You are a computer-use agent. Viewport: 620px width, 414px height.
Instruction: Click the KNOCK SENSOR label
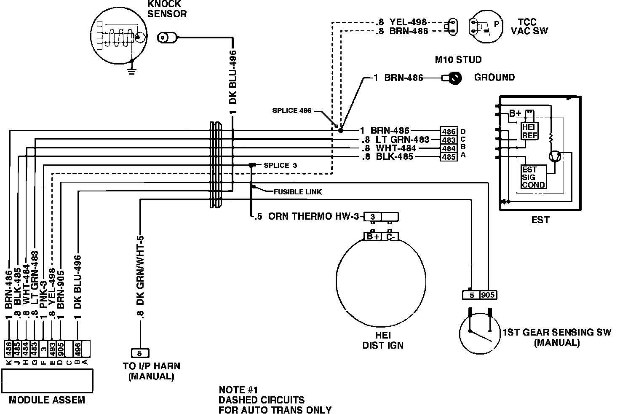pos(167,9)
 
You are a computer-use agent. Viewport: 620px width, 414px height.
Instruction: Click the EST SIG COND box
pos(533,177)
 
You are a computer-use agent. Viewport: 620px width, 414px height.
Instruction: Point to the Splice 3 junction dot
pos(251,165)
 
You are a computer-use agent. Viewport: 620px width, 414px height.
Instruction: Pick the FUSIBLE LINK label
pos(297,192)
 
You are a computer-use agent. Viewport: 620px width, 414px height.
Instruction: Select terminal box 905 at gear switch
pos(488,295)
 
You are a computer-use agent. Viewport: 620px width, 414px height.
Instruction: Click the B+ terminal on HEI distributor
pos(372,237)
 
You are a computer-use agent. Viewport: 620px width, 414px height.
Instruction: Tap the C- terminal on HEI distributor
pos(390,237)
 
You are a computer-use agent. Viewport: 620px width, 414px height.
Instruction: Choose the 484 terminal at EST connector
pos(449,148)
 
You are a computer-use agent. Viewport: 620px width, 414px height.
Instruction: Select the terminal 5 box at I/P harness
pos(140,353)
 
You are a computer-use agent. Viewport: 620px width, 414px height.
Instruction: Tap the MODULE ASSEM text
pos(47,400)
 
